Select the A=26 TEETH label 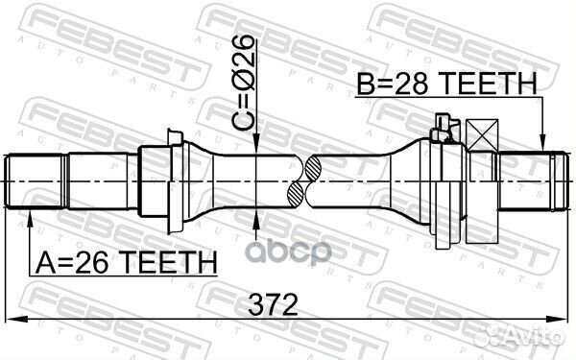click(x=123, y=261)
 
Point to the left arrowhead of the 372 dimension click(x=10, y=320)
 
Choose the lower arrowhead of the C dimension click(x=256, y=222)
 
